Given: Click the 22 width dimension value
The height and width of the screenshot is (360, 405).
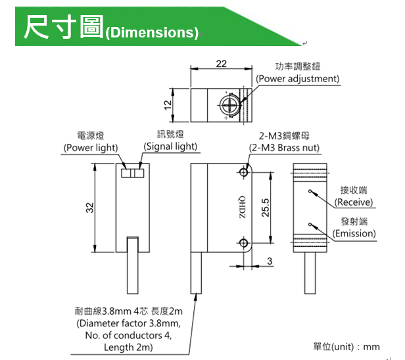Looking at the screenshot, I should (x=221, y=63).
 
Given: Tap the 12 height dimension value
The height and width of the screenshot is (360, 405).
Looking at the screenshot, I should (x=168, y=104).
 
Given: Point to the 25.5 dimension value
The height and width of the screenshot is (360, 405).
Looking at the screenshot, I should (x=265, y=208).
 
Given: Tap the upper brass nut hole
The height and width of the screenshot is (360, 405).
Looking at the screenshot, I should (x=244, y=173).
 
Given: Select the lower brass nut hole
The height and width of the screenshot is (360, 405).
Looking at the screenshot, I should (x=244, y=244).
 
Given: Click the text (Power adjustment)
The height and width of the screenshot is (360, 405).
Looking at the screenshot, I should (x=298, y=79).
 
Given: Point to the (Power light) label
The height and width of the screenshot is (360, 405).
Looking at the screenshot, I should (x=91, y=148).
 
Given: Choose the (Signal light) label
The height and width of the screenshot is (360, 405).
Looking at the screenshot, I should (x=170, y=146).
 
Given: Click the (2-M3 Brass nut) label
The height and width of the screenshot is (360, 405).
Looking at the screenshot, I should (x=288, y=148).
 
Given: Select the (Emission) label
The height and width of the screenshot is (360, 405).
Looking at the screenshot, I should (x=354, y=233).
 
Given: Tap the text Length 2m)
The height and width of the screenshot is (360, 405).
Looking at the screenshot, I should (x=129, y=347).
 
